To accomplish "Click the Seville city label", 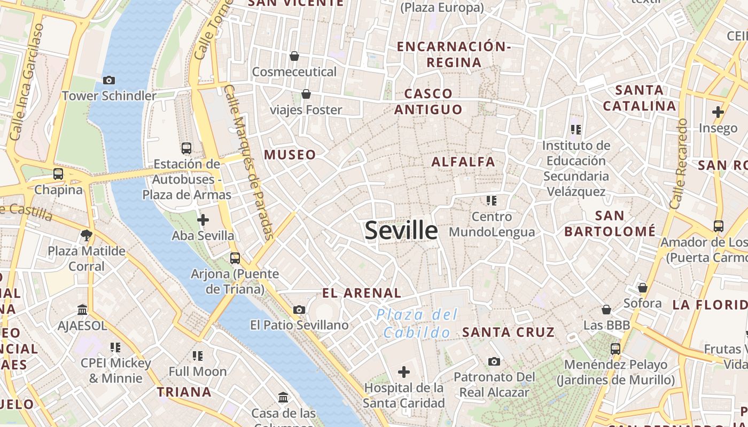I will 401,230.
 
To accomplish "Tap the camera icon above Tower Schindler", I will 109,80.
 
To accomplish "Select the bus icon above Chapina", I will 58,174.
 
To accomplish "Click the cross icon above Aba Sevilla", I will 203,219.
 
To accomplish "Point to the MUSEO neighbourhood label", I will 290,155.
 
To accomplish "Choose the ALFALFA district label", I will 463,161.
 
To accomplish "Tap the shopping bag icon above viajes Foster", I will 306,94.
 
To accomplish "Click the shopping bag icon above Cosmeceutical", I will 294,56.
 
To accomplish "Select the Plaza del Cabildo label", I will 417,323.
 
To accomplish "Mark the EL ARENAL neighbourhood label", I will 362,292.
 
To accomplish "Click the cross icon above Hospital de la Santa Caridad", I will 404,371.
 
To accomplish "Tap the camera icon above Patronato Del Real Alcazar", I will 494,361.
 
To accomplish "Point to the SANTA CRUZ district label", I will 508,332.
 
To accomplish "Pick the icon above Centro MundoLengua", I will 492,201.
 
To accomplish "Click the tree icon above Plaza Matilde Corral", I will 86,235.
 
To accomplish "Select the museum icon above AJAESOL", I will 82,310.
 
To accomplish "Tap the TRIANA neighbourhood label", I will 184,392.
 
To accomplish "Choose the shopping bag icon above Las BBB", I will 606,310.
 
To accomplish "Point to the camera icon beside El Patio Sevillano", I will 299,310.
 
